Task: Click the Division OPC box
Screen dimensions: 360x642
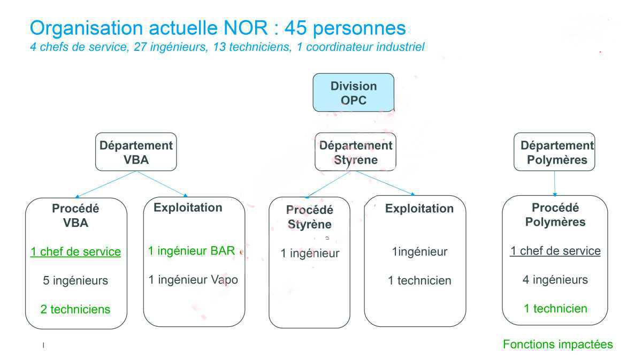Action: [354, 93]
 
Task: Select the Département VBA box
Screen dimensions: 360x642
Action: [136, 152]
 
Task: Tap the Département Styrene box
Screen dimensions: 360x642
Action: [355, 152]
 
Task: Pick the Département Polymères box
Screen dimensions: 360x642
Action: [555, 152]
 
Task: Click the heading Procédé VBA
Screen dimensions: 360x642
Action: [75, 216]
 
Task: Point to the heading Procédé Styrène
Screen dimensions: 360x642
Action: [309, 217]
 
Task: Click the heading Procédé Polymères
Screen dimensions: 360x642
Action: [555, 215]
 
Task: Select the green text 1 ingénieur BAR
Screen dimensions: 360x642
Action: [192, 251]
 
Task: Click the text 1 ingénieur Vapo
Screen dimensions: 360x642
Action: [193, 279]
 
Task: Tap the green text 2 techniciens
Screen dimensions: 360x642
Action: [75, 309]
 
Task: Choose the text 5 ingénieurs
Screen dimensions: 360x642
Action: [75, 280]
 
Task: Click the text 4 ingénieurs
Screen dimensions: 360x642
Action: [555, 280]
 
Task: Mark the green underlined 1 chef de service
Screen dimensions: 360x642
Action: [75, 251]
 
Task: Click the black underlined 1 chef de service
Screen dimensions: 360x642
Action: [555, 251]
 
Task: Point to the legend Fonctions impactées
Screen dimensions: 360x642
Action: [557, 344]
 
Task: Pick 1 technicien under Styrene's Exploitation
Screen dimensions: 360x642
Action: [419, 280]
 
